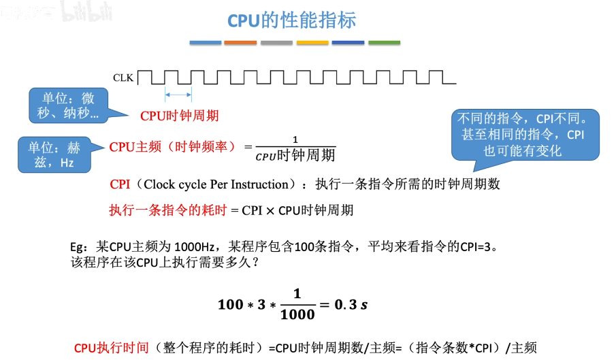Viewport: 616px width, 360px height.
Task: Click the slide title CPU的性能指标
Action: pos(291,20)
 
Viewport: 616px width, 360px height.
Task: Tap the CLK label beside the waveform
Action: pos(123,78)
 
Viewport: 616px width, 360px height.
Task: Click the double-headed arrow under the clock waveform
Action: pos(178,95)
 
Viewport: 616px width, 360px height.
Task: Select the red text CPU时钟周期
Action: pos(180,116)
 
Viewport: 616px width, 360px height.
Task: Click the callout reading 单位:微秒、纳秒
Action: pos(69,106)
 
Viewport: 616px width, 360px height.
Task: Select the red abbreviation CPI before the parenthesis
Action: pos(120,184)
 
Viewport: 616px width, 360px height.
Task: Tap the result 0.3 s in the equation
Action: pos(351,304)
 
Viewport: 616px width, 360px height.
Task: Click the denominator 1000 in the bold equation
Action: pos(297,314)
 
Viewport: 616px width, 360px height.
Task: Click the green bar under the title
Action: pos(383,43)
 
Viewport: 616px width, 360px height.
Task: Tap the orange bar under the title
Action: pos(240,43)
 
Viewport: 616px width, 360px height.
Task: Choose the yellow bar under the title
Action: pos(312,43)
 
